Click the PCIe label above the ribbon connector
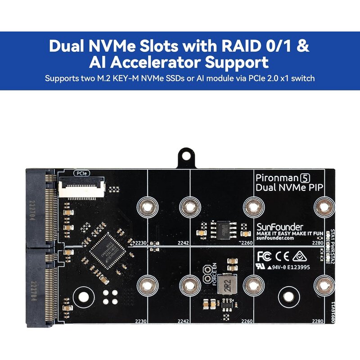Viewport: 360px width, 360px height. [x=81, y=173]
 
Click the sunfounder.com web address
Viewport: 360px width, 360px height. [x=275, y=238]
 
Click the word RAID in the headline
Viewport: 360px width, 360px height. [x=237, y=46]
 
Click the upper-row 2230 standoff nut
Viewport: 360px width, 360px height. [x=147, y=207]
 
